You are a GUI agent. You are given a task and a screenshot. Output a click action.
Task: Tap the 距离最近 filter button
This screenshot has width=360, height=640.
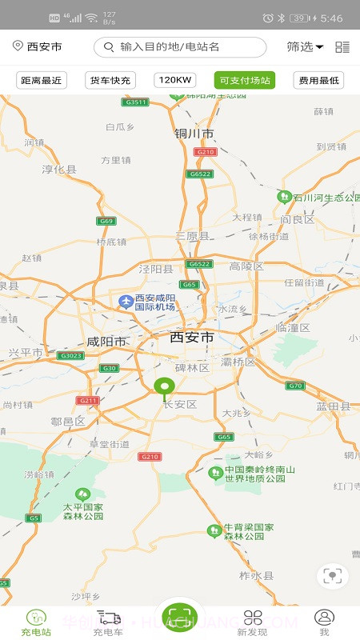(x=42, y=80)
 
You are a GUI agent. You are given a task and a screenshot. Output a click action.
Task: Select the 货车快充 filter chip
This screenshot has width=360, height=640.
(x=110, y=80)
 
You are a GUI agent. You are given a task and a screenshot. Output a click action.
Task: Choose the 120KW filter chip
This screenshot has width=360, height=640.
(x=175, y=80)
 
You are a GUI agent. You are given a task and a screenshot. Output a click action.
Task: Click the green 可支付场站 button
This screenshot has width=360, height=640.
(x=245, y=80)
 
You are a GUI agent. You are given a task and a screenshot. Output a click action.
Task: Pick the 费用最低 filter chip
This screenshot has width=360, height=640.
(x=319, y=80)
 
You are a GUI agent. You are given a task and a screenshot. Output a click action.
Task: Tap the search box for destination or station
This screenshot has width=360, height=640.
(x=180, y=47)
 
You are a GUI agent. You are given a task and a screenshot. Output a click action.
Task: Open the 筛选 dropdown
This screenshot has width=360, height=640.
(x=305, y=47)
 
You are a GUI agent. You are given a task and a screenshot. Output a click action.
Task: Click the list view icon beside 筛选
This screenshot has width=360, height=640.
(x=342, y=47)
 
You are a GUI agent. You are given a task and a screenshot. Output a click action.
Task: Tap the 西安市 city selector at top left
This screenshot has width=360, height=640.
(x=38, y=47)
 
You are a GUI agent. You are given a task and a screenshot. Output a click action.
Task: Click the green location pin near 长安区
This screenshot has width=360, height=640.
(x=164, y=389)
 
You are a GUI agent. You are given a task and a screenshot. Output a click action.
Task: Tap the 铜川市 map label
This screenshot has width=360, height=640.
(x=194, y=134)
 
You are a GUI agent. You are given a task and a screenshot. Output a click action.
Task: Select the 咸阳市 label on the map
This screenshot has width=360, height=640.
(x=106, y=342)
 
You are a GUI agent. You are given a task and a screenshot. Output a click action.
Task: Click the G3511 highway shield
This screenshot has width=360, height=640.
(x=135, y=102)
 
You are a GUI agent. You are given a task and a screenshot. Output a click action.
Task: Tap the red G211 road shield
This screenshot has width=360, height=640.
(x=87, y=400)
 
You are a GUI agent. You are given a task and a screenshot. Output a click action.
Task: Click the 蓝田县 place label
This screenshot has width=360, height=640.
(x=334, y=406)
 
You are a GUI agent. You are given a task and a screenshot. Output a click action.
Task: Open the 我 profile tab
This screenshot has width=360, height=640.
(x=324, y=622)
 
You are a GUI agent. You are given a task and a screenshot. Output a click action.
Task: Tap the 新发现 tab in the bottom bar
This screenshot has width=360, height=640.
(x=253, y=622)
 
